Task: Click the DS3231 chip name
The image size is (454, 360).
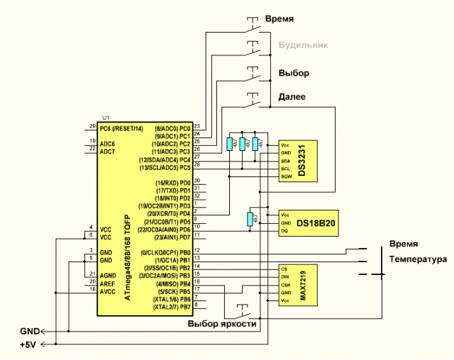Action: tap(303, 160)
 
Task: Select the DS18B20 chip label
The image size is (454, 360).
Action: tap(316, 223)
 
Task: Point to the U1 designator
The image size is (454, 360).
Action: tap(106, 117)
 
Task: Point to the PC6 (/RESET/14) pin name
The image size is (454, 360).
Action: tap(121, 128)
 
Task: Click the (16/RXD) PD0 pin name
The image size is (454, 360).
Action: tap(174, 183)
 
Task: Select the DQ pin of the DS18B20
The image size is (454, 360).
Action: tap(284, 231)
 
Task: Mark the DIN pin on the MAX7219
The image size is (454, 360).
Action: tap(285, 276)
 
